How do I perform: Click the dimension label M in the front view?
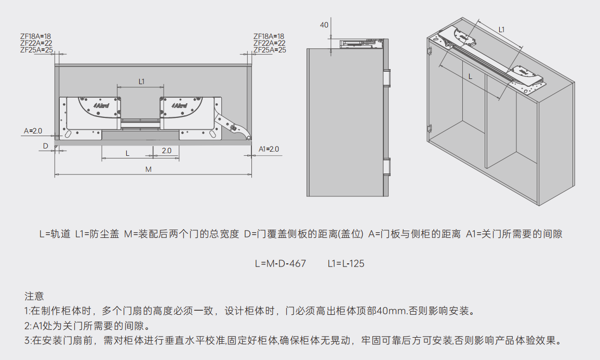tap(148, 169)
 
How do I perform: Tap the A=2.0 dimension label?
tap(33, 130)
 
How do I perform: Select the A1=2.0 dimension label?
tap(269, 149)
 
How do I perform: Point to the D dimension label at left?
tap(45, 146)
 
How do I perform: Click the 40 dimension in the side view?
tap(324, 25)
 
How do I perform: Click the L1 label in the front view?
tap(141, 81)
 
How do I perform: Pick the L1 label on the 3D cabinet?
tap(501, 30)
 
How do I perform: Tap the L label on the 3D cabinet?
tap(471, 76)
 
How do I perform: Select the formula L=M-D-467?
tap(280, 263)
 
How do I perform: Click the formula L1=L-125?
tap(346, 263)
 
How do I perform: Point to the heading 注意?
tap(34, 297)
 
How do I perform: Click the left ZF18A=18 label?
tap(36, 36)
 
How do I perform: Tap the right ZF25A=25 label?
tap(270, 50)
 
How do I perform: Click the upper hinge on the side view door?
tap(387, 77)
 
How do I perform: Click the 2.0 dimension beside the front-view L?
tap(166, 151)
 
